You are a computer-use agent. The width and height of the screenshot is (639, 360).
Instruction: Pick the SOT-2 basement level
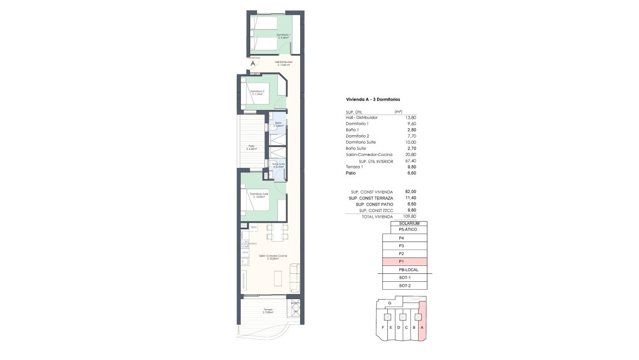pos(405,286)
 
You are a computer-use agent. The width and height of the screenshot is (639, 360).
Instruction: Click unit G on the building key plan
pos(390,303)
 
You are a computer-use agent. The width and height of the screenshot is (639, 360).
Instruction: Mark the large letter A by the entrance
pos(253,63)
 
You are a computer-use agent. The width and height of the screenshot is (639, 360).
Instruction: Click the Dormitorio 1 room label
pos(283,36)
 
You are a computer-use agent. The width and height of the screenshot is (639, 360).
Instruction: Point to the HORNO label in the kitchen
pos(253,244)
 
